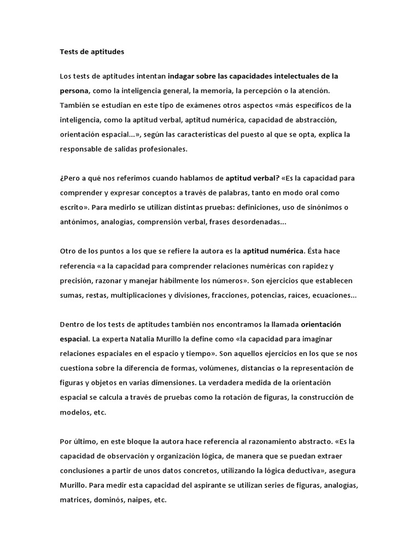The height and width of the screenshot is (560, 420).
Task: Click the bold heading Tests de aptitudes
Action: pos(92,52)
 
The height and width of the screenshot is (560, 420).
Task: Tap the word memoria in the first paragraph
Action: pos(227,90)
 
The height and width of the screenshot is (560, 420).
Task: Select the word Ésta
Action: pos(316,252)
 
